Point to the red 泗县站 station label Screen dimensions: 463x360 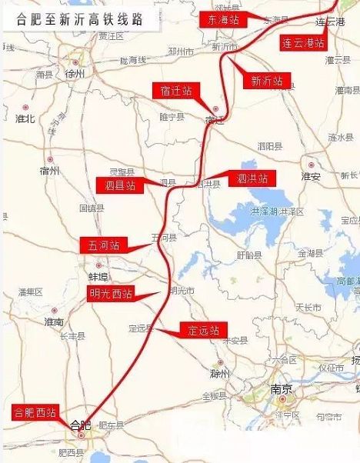pyautogui.click(x=118, y=185)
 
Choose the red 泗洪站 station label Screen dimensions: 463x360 pyautogui.click(x=250, y=178)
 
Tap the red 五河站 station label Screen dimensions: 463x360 pyautogui.click(x=103, y=245)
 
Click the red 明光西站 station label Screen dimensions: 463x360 pyautogui.click(x=110, y=293)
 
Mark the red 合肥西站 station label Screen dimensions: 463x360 pyautogui.click(x=35, y=412)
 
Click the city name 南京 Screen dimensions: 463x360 pyautogui.click(x=280, y=389)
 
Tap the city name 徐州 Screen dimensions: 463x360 pyautogui.click(x=76, y=75)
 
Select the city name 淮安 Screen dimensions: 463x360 pyautogui.click(x=310, y=175)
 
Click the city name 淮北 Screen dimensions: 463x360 pyautogui.click(x=25, y=118)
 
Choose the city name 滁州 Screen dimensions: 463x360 pyautogui.click(x=221, y=372)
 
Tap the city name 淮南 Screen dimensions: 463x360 pyautogui.click(x=54, y=321)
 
